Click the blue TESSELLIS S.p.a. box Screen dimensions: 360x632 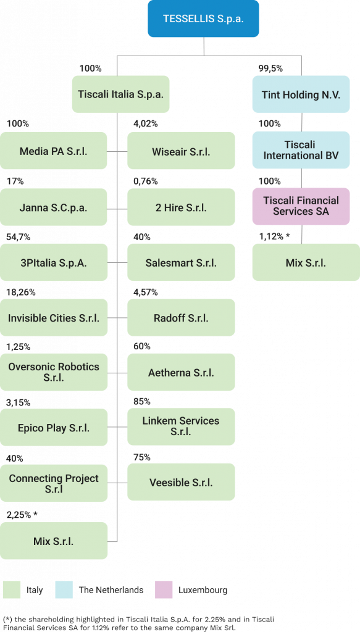[x=203, y=19]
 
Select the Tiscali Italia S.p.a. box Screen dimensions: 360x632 [x=120, y=94]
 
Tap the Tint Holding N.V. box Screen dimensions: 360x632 [x=301, y=94]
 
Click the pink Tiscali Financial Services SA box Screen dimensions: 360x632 [x=301, y=206]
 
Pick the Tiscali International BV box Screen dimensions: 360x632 [x=301, y=150]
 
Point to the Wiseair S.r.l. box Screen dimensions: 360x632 [x=181, y=151]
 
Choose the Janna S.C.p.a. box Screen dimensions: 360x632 [x=54, y=207]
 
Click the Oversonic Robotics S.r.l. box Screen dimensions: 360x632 [x=54, y=372]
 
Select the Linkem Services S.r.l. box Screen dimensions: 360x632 [x=181, y=426]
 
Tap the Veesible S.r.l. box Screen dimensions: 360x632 [x=181, y=481]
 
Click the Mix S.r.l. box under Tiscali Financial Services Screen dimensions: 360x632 [x=306, y=262]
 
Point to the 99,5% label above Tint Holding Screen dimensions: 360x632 [x=270, y=69]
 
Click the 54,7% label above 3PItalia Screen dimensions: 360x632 [x=19, y=237]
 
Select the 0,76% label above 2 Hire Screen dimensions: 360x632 [x=146, y=181]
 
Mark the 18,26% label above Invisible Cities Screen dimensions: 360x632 [x=21, y=292]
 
